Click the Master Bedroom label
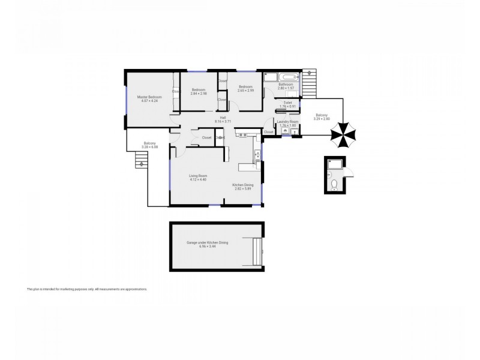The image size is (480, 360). tap(149, 97)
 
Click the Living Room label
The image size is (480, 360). tap(198, 176)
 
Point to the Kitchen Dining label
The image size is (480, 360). tap(243, 185)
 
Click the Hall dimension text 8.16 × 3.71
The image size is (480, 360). tap(223, 121)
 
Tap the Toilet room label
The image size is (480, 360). tap(287, 103)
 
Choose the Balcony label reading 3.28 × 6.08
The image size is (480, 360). tap(150, 143)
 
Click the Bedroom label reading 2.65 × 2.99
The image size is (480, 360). tap(245, 87)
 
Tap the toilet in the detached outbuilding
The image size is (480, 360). tap(335, 182)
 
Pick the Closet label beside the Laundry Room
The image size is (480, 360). tap(268, 131)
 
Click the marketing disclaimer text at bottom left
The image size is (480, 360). tap(87, 289)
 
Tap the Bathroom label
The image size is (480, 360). tap(285, 85)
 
